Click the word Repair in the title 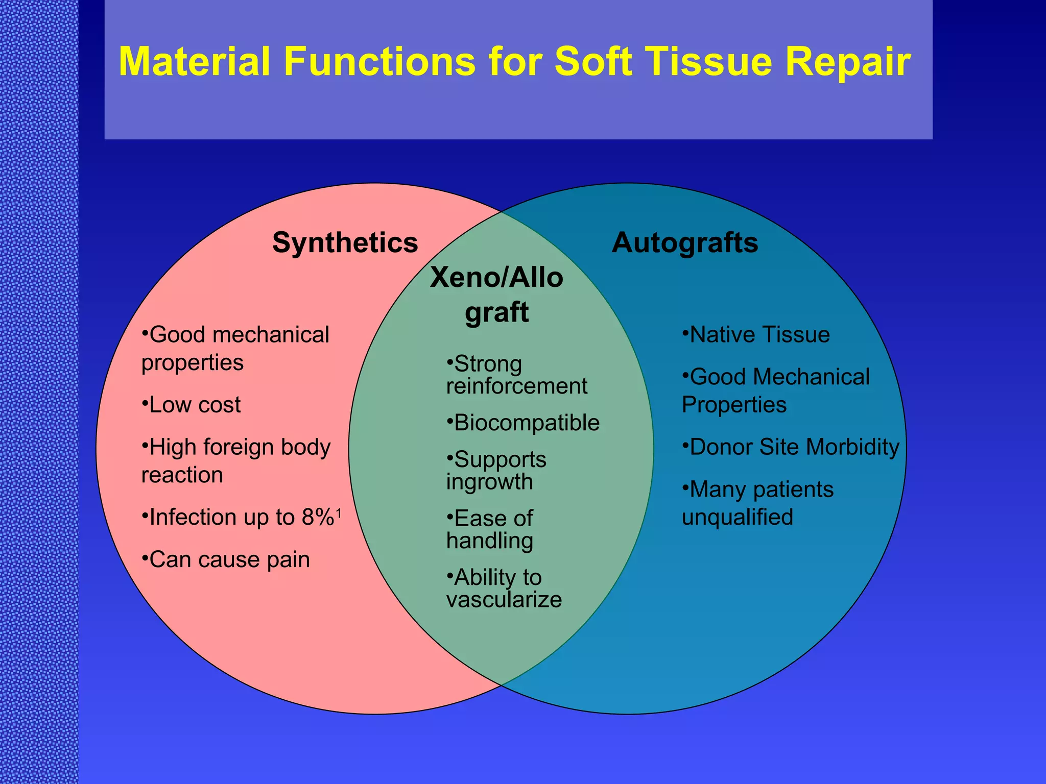[x=848, y=62]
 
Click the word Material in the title [x=194, y=62]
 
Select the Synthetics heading [x=345, y=242]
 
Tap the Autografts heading [x=685, y=242]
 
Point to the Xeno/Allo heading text [x=496, y=278]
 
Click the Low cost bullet [x=194, y=405]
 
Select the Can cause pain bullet [x=229, y=560]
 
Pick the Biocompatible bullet [x=526, y=423]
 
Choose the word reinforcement [x=517, y=386]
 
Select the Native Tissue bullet [x=759, y=335]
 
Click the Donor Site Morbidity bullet [x=794, y=447]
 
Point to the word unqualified [x=738, y=518]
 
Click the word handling [x=489, y=541]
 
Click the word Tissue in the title [x=712, y=62]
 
